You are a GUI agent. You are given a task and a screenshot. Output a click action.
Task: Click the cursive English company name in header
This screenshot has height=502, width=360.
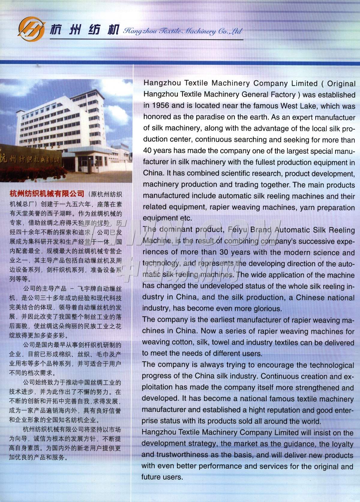pyautogui.click(x=182, y=31)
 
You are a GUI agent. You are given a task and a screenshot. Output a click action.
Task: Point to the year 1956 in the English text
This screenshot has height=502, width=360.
pyautogui.click(x=161, y=106)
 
